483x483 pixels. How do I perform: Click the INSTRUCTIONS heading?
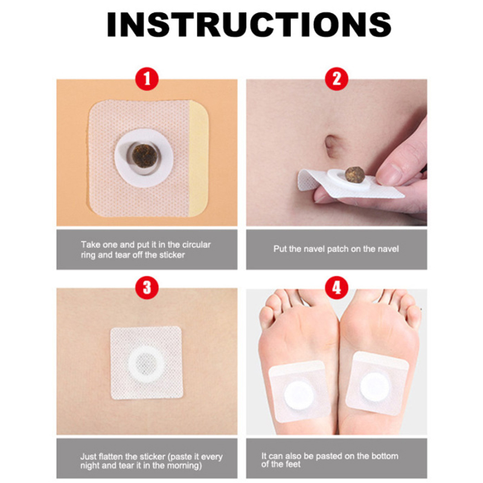point(249,25)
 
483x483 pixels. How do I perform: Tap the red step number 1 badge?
point(147,79)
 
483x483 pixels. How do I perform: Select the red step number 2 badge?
point(337,79)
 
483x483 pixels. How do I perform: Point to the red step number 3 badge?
point(147,288)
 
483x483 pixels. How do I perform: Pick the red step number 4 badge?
point(337,288)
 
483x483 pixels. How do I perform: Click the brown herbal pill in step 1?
point(144,156)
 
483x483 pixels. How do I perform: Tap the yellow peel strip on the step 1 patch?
point(199,159)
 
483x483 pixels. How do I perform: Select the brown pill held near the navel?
point(354,174)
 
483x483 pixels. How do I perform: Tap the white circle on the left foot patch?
point(298,395)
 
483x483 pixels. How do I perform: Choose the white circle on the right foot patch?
point(374,387)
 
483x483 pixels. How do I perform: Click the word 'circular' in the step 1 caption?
point(196,245)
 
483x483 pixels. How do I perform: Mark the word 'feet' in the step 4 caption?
point(293,464)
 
